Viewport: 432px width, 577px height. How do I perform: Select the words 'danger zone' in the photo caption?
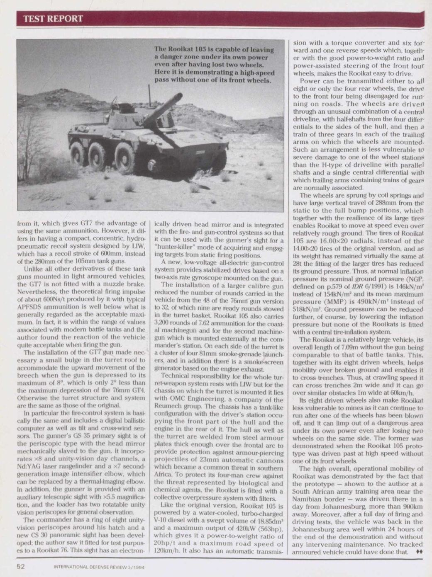174,57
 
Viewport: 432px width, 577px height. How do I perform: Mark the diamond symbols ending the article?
419,552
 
